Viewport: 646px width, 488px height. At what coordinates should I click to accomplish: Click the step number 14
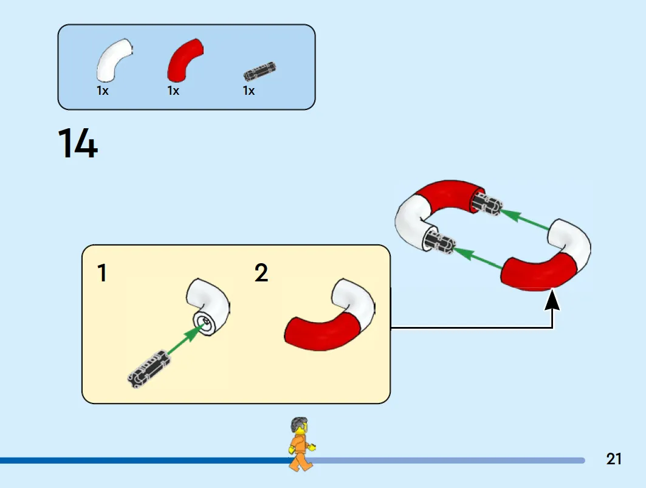(x=78, y=143)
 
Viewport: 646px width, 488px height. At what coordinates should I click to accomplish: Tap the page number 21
(x=614, y=459)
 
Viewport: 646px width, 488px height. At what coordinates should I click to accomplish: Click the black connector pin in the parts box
(x=259, y=72)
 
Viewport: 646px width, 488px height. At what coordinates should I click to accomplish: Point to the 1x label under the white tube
(x=103, y=91)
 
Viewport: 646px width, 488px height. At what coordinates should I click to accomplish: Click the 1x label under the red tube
(x=173, y=91)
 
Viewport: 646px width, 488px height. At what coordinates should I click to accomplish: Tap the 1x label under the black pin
(x=249, y=91)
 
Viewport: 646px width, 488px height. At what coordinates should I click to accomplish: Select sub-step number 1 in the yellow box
(x=101, y=273)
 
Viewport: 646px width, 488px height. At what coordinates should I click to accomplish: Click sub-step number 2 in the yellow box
(x=261, y=273)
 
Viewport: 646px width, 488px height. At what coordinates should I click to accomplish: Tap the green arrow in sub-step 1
(x=186, y=338)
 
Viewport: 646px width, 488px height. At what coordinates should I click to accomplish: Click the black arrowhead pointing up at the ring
(x=552, y=300)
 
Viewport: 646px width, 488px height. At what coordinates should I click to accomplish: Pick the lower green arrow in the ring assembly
(x=478, y=258)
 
